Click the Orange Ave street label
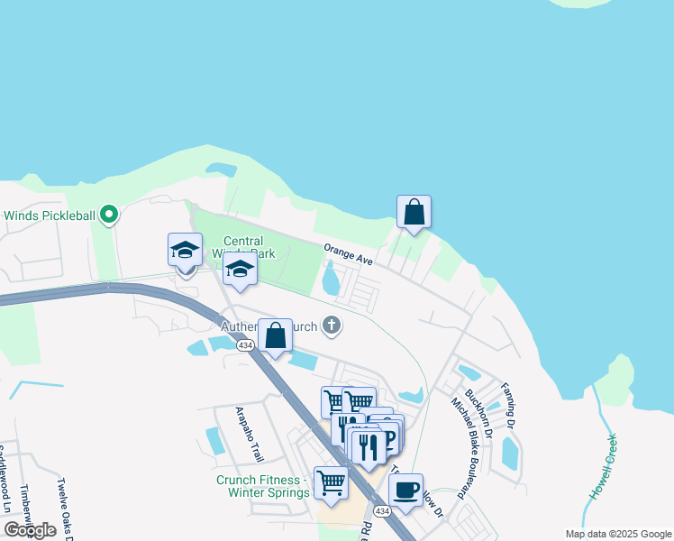349,253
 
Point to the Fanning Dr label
509,404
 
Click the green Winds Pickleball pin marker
109,215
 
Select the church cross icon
332,325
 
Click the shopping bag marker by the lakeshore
414,212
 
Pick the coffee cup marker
405,491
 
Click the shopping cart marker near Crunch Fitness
331,482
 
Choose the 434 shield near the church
245,345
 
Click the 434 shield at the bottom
383,511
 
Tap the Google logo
30,530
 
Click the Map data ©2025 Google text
617,534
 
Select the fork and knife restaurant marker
368,447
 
